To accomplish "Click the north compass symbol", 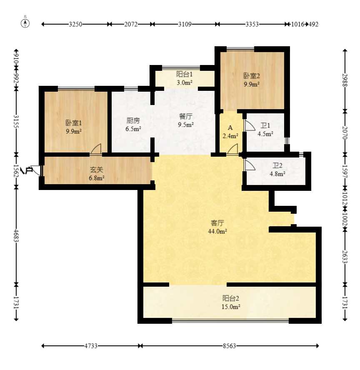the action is point(25,23).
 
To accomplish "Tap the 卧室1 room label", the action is point(74,123).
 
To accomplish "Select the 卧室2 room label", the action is point(252,76).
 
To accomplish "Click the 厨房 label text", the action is point(133,120).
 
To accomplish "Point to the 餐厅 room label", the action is point(186,116).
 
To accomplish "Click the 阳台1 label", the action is point(185,74).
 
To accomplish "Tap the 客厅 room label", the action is point(217,223).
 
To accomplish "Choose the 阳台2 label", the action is point(231,298).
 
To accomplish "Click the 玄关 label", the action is point(97,170).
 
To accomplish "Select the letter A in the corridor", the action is point(230,128).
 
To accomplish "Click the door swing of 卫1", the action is point(250,125).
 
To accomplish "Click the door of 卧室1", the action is point(96,149).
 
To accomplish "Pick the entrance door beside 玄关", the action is point(36,170).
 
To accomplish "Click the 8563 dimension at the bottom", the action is point(229,346).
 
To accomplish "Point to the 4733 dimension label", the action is point(91,346).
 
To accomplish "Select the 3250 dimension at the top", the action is point(75,24).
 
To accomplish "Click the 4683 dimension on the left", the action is point(16,235).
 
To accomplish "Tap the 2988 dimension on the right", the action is point(345,80).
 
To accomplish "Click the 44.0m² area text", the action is point(217,232).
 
